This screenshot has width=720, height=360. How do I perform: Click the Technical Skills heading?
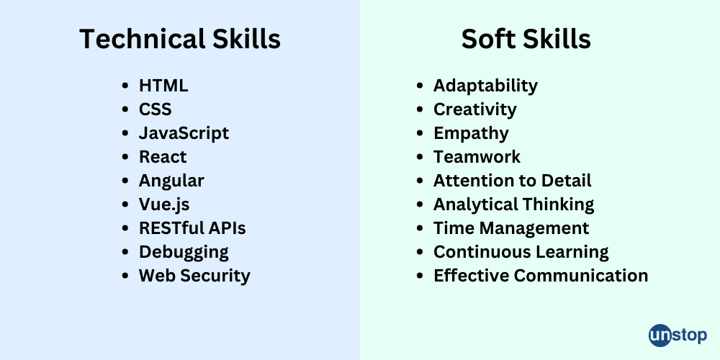[x=180, y=39]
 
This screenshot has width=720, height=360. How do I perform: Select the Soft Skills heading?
[x=526, y=39]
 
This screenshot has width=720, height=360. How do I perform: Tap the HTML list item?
[x=163, y=86]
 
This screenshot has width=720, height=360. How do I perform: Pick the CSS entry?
[x=156, y=109]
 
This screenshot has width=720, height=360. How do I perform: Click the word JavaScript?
[x=184, y=133]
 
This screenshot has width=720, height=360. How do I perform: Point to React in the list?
[x=163, y=157]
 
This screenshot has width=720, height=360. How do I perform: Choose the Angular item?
[x=171, y=181]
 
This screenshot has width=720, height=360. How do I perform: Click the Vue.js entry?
[x=164, y=204]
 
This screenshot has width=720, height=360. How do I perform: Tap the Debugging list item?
[x=184, y=253]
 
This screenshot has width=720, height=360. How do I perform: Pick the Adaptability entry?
[x=485, y=86]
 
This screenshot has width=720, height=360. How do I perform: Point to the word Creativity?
[x=474, y=109]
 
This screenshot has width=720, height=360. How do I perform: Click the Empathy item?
[x=471, y=134]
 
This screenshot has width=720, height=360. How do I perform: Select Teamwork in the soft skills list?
[x=477, y=157]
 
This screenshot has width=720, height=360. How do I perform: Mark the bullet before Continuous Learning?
[x=419, y=252]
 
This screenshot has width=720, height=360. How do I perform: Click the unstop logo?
[x=678, y=336]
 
